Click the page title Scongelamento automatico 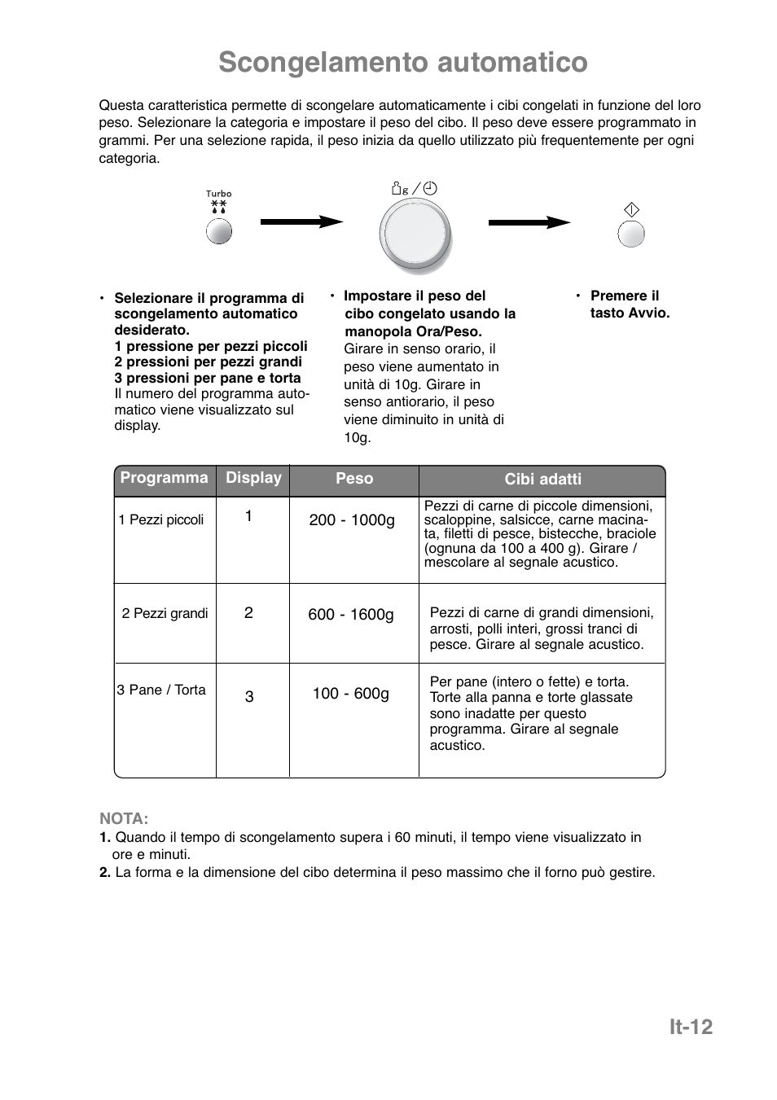click(x=402, y=63)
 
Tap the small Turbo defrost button click(x=218, y=231)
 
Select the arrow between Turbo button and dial click(x=301, y=221)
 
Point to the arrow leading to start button click(x=529, y=221)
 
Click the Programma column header click(x=165, y=478)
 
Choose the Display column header click(x=253, y=478)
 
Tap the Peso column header click(x=354, y=479)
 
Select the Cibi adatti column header click(x=542, y=480)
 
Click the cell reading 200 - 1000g click(x=352, y=520)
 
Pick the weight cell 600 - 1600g click(x=351, y=615)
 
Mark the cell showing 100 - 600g click(x=351, y=694)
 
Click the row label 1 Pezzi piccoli click(x=161, y=520)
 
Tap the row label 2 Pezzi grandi click(x=165, y=614)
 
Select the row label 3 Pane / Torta click(x=161, y=690)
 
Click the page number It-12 click(x=691, y=1028)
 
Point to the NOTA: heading click(x=124, y=818)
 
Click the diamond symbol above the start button click(x=631, y=210)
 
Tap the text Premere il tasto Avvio click(x=629, y=305)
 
